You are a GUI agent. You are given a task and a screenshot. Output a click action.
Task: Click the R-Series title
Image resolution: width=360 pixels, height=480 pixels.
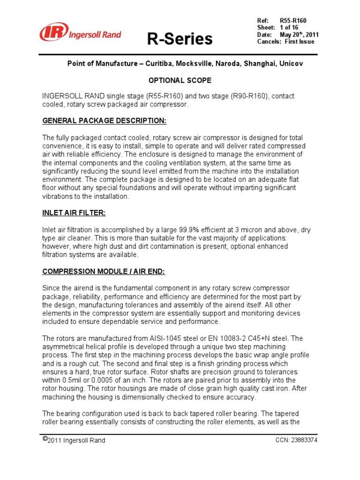(180, 39)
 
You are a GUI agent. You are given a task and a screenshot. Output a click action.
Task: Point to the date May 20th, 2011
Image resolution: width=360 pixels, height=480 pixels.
(299, 35)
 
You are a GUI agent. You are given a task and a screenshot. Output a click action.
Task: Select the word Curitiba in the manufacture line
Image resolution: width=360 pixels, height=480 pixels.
(167, 63)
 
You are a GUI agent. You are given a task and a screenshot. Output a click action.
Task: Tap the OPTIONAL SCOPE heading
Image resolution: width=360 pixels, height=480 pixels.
(180, 80)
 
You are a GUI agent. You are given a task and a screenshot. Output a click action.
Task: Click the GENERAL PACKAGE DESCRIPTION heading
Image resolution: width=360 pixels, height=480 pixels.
(104, 121)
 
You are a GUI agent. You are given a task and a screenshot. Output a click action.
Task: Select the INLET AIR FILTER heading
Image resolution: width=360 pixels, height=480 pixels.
(74, 213)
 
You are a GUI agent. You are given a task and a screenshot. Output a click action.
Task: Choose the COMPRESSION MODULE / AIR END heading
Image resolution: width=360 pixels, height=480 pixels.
(104, 271)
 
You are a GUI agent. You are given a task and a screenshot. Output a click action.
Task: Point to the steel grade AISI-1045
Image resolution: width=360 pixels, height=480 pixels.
(173, 338)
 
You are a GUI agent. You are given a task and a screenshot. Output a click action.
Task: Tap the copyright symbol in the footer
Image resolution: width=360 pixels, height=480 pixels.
(45, 439)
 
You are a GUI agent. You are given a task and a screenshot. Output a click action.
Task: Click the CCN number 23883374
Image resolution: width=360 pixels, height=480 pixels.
(304, 440)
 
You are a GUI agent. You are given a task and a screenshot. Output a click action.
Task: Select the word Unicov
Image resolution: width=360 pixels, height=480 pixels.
(292, 63)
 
